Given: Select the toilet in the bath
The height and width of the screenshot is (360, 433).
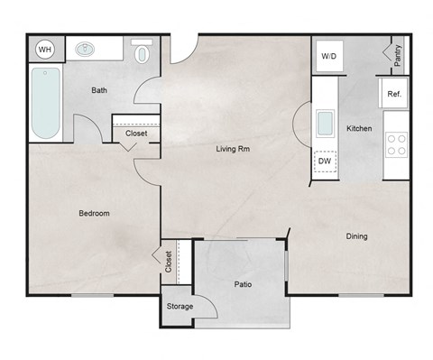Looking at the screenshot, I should (x=143, y=52).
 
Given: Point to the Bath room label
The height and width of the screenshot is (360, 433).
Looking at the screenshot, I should (x=101, y=91).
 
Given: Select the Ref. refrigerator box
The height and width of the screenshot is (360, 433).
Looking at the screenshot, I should (x=394, y=93).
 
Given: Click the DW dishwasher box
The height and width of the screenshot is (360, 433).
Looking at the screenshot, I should (x=326, y=162).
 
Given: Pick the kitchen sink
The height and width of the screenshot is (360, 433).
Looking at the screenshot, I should (x=325, y=122).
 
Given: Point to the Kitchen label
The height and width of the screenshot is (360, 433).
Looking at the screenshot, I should (x=359, y=129).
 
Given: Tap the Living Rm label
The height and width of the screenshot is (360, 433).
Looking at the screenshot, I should (x=232, y=149).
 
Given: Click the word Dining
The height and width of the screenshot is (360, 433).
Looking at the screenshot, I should (x=357, y=237).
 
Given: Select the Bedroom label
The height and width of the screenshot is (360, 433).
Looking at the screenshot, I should (x=94, y=214).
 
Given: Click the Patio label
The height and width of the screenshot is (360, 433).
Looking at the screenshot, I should (x=242, y=284).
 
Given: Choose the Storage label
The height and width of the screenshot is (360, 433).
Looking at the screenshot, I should (x=180, y=307).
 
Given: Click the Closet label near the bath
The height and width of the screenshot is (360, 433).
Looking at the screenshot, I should (x=136, y=134).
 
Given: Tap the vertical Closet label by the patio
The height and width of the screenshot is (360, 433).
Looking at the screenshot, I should (x=169, y=262).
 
